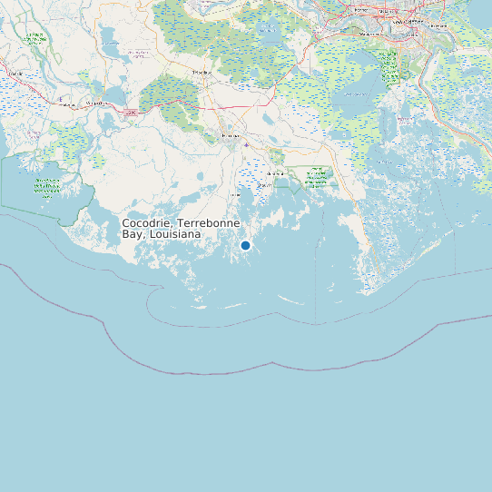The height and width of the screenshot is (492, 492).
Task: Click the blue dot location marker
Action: [x=245, y=245]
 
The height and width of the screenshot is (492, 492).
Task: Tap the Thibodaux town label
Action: [x=202, y=72]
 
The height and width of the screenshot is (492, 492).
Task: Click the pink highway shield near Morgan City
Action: [x=131, y=112]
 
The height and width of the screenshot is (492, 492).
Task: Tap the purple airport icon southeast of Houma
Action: [x=246, y=144]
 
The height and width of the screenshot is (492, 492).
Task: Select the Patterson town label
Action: [x=66, y=105]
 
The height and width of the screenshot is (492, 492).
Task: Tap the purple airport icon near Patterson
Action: [x=59, y=98]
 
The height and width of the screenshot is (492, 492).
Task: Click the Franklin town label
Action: [x=14, y=73]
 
